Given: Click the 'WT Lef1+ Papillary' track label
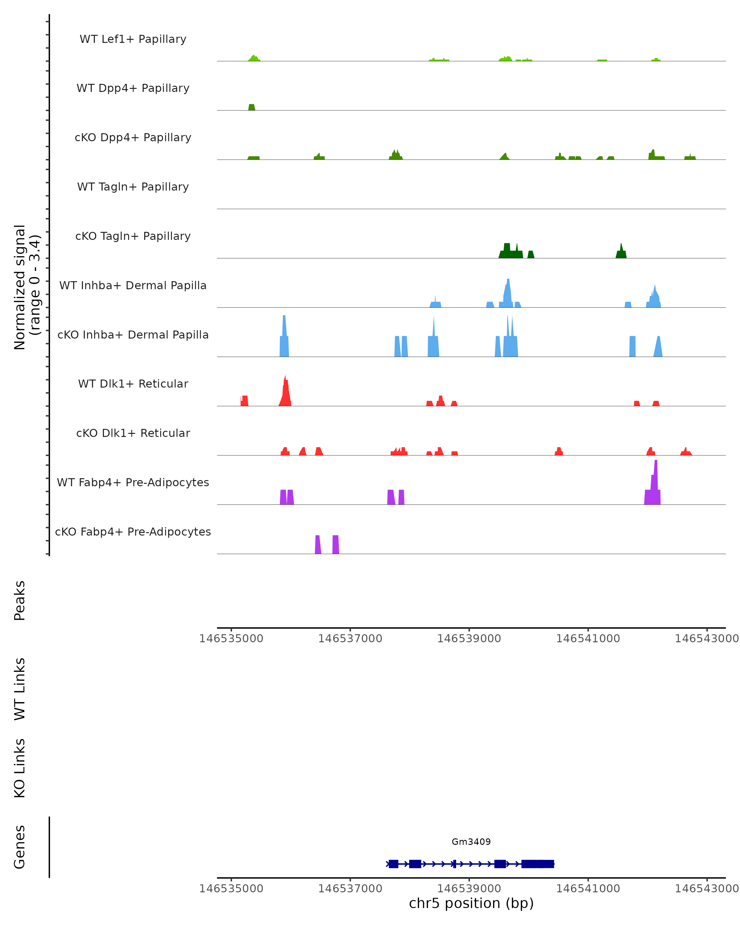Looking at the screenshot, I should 133,39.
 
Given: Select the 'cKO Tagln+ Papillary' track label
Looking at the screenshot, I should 133,236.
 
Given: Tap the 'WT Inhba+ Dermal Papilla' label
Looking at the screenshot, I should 133,285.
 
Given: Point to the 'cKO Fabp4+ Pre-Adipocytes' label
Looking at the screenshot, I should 133,532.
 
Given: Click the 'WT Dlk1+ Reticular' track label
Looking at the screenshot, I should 133,384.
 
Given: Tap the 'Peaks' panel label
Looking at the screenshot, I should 20,601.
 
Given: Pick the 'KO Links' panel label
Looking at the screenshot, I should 20,768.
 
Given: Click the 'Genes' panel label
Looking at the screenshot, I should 20,847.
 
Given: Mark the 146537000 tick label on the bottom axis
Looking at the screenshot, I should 350,888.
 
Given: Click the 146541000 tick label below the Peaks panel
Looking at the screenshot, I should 588,639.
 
